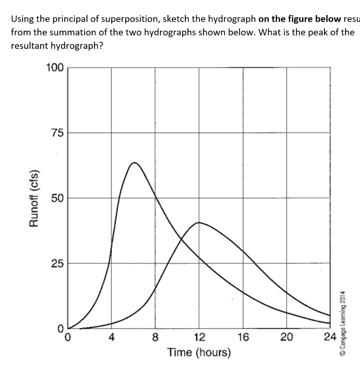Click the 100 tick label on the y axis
(54, 68)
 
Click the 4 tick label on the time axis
(111, 337)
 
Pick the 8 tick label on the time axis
(155, 337)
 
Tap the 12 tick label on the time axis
(199, 337)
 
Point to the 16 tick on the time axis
(243, 337)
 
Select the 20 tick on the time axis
(287, 337)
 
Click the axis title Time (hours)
(199, 353)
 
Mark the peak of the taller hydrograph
(134, 162)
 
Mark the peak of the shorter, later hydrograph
(199, 222)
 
